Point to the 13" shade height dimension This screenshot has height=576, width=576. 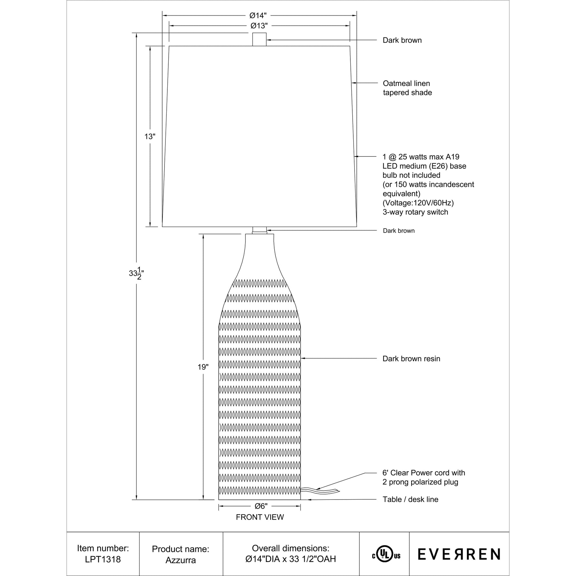pyautogui.click(x=150, y=137)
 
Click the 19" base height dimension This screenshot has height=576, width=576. pyautogui.click(x=203, y=367)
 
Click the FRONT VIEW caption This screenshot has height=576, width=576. pyautogui.click(x=260, y=517)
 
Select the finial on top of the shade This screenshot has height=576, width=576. pyautogui.click(x=259, y=39)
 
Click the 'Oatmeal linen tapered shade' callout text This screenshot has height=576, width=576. pyautogui.click(x=407, y=88)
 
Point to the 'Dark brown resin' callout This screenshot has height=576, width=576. pyautogui.click(x=411, y=359)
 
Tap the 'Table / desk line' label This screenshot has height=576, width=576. pyautogui.click(x=410, y=500)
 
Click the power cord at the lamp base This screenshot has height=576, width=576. pyautogui.click(x=320, y=491)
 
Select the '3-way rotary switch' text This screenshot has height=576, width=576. pyautogui.click(x=415, y=212)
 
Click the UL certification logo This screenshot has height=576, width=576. pyautogui.click(x=386, y=556)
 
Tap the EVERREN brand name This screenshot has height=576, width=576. pyautogui.click(x=459, y=554)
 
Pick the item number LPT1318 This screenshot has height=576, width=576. pyautogui.click(x=103, y=559)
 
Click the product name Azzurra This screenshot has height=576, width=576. pyautogui.click(x=180, y=560)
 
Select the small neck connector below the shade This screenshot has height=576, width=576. pyautogui.click(x=259, y=230)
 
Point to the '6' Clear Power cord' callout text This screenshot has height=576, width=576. pyautogui.click(x=423, y=473)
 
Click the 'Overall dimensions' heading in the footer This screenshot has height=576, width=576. pyautogui.click(x=291, y=548)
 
